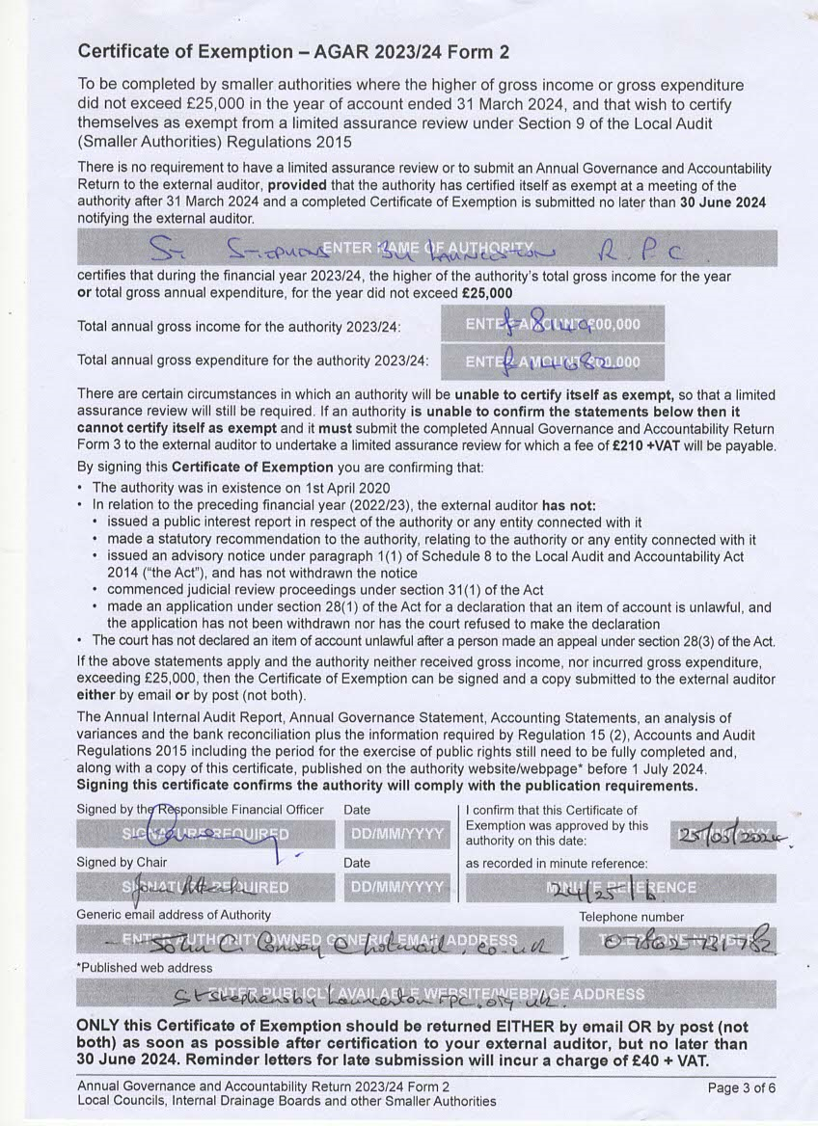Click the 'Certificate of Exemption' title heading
[x=293, y=51]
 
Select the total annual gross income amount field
[x=554, y=324]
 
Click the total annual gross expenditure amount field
[x=554, y=362]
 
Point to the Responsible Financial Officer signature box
[x=204, y=832]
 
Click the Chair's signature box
[x=204, y=886]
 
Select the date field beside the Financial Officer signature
[x=396, y=832]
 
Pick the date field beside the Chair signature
[x=396, y=886]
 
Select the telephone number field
[x=677, y=941]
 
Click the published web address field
[x=426, y=994]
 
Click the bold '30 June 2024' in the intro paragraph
[x=723, y=202]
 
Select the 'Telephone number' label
[x=631, y=917]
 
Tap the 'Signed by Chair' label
[x=122, y=862]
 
